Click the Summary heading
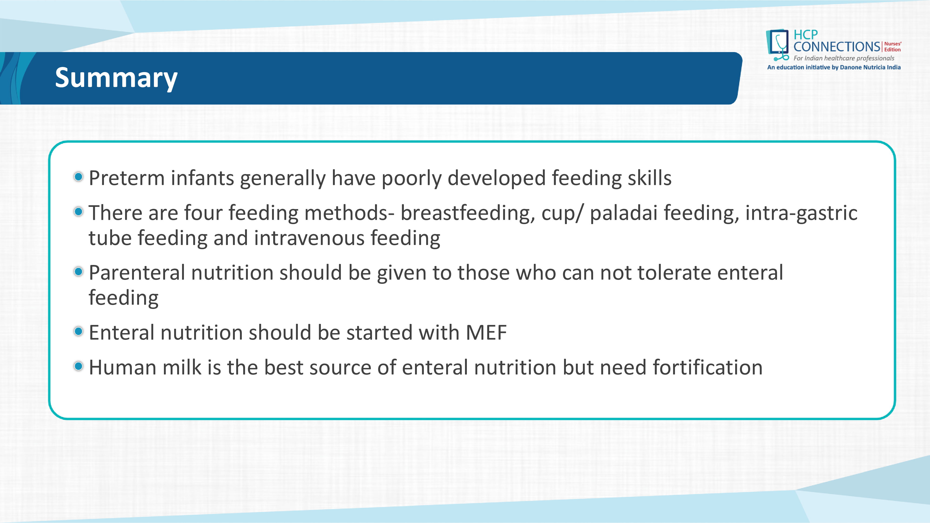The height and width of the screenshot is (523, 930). [116, 78]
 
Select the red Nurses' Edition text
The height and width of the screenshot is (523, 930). [893, 46]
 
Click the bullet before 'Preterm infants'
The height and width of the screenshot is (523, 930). [78, 177]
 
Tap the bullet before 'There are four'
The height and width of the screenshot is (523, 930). [78, 212]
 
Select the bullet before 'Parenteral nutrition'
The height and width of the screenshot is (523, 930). [78, 271]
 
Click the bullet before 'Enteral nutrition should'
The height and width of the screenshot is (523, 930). [78, 331]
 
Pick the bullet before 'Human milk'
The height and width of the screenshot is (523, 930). [78, 366]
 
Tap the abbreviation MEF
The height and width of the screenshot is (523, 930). [486, 332]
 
